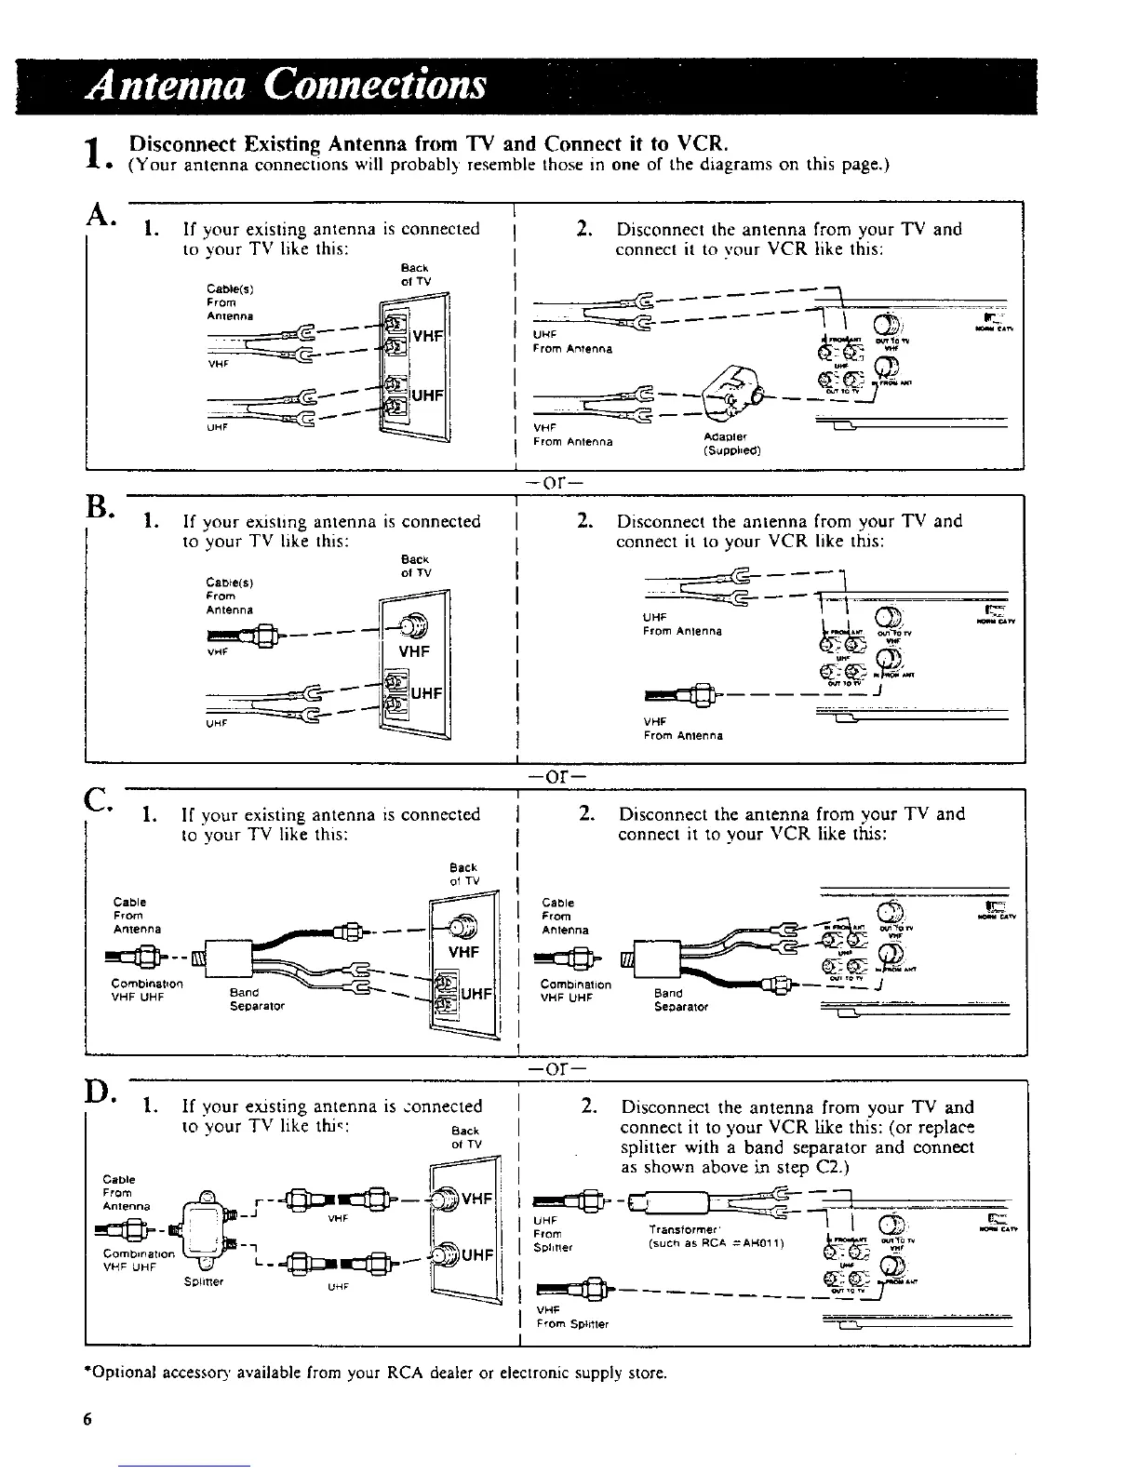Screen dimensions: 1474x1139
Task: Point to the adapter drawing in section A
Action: pyautogui.click(x=730, y=399)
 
